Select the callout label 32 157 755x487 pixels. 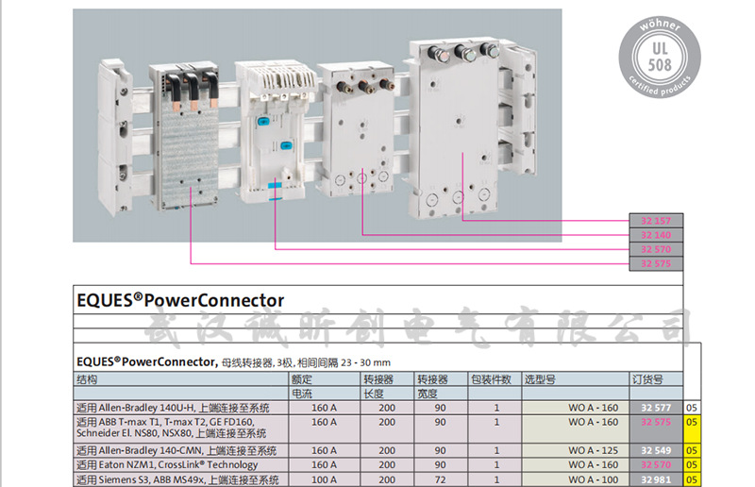(655, 221)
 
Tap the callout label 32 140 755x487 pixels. (655, 235)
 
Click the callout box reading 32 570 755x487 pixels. (655, 249)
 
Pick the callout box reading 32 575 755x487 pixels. (655, 263)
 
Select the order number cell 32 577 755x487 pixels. (656, 408)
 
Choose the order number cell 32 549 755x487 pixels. (656, 450)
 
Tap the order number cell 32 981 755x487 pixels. (656, 479)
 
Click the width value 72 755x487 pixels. (440, 479)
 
